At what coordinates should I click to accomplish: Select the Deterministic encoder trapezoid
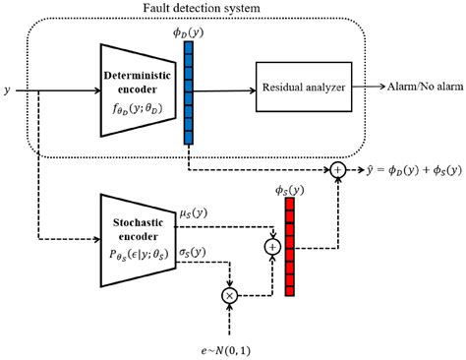pos(137,89)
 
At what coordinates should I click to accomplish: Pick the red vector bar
pos(288,251)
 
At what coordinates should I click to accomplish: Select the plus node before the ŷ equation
pos(339,171)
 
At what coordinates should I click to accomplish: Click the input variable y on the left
pos(8,90)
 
